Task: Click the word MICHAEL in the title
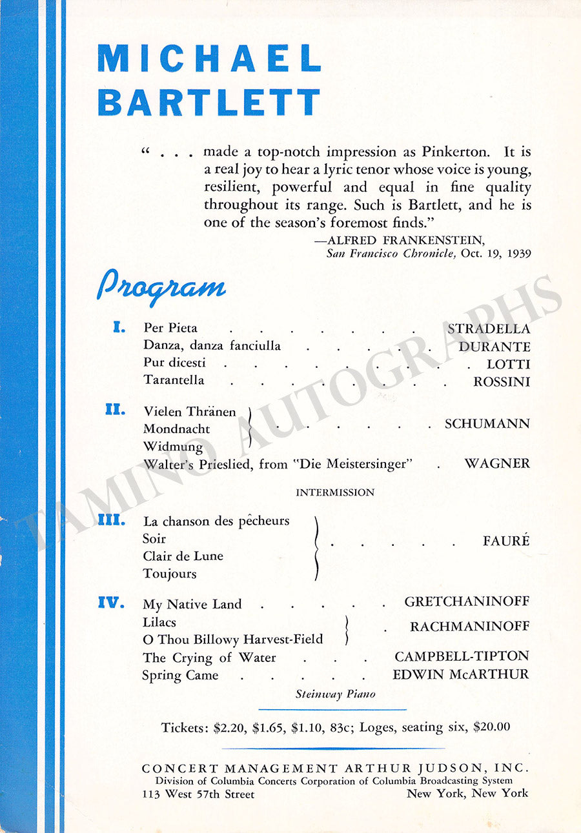[x=209, y=59]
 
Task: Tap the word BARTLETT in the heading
[x=209, y=102]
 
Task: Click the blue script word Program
[x=161, y=286]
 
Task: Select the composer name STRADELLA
[x=489, y=329]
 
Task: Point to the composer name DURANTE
[x=494, y=346]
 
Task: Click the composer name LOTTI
[x=508, y=364]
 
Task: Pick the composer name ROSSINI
[x=502, y=381]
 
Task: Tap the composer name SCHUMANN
[x=487, y=424]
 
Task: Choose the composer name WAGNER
[x=497, y=463]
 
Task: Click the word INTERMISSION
[x=335, y=492]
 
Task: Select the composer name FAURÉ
[x=506, y=541]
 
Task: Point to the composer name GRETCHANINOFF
[x=467, y=601]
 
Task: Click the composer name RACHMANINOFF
[x=469, y=627]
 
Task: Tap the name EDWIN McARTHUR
[x=460, y=675]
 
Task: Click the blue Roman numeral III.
[x=112, y=520]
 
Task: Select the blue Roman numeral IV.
[x=111, y=603]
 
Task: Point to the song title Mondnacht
[x=176, y=429]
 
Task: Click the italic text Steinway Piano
[x=336, y=694]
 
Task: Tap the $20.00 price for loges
[x=492, y=727]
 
